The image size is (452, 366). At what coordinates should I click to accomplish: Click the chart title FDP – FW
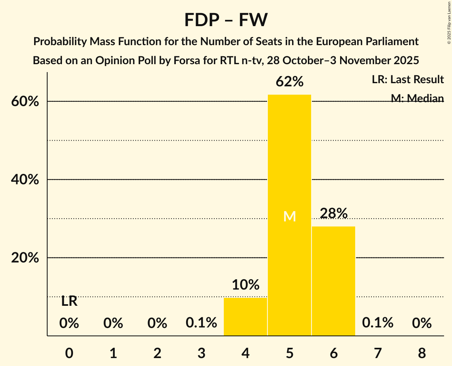pyautogui.click(x=226, y=20)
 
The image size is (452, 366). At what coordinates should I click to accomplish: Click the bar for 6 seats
pyautogui.click(x=333, y=281)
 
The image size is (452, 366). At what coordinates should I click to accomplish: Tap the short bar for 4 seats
pyautogui.click(x=245, y=316)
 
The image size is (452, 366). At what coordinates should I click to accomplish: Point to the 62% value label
pyautogui.click(x=289, y=82)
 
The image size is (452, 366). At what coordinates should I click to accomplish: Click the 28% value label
pyautogui.click(x=333, y=213)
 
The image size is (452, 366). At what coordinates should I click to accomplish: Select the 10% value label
pyautogui.click(x=245, y=284)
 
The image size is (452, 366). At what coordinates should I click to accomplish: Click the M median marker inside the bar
pyautogui.click(x=290, y=216)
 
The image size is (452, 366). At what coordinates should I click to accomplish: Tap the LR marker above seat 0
pyautogui.click(x=69, y=301)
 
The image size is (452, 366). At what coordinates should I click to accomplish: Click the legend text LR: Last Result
pyautogui.click(x=408, y=80)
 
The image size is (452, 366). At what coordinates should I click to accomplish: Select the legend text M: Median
pyautogui.click(x=417, y=98)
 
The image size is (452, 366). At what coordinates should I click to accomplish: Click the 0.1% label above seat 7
pyautogui.click(x=377, y=323)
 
